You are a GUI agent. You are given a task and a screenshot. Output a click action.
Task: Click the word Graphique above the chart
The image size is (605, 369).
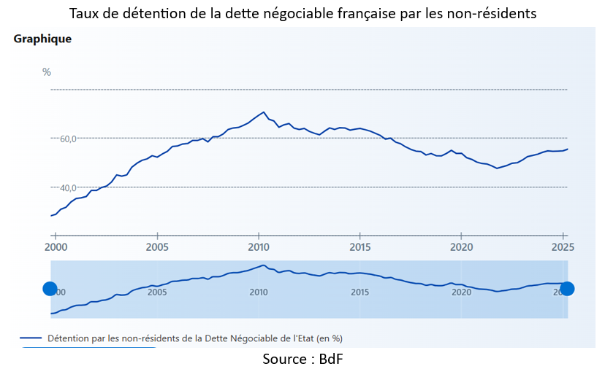[42, 39]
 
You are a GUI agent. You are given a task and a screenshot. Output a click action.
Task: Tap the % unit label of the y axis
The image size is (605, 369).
[47, 71]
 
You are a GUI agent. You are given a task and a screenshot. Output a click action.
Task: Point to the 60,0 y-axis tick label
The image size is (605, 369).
[66, 139]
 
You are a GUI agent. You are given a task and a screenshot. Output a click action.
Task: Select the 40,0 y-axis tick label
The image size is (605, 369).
[66, 187]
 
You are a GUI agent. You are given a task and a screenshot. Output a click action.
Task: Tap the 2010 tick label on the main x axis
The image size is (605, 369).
[258, 246]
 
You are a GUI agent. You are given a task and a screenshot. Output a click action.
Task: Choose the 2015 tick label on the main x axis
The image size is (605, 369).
[359, 246]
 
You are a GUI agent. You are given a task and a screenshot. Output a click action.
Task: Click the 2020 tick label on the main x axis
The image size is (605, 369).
[461, 246]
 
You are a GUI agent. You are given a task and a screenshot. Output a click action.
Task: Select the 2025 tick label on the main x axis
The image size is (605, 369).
[562, 246]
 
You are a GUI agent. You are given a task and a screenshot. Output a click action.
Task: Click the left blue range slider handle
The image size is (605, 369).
[50, 289]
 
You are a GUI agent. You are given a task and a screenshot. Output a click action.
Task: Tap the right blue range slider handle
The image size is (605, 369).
[566, 289]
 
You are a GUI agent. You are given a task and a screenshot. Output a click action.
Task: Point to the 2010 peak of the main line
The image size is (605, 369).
[264, 112]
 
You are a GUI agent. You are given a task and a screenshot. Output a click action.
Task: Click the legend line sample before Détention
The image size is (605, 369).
[31, 338]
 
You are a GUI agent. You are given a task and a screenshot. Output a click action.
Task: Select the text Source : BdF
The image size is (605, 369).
[302, 359]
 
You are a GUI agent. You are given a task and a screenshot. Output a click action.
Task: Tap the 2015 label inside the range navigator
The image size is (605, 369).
[359, 292]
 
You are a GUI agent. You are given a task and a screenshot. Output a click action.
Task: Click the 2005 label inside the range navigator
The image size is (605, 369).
[157, 292]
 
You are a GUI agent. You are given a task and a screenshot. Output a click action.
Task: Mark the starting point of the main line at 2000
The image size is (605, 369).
[51, 216]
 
